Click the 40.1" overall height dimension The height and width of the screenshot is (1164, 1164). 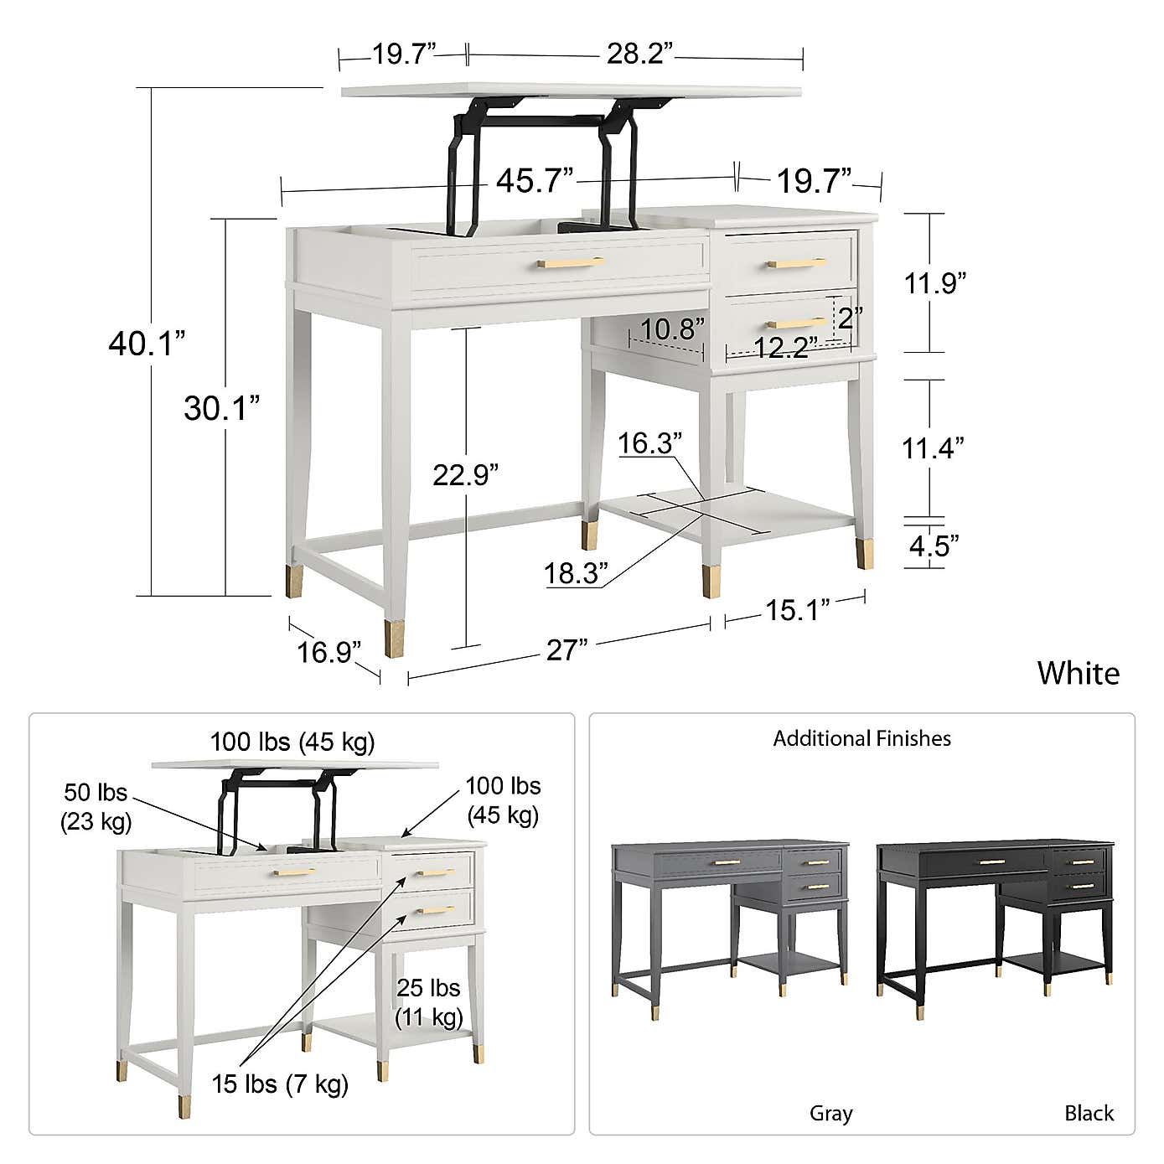[x=146, y=343]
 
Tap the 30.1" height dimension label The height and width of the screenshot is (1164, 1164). [x=221, y=408]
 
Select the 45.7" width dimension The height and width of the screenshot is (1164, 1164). [x=534, y=181]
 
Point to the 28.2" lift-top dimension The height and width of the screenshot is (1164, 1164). [x=639, y=54]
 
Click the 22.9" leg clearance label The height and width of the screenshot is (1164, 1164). [x=465, y=474]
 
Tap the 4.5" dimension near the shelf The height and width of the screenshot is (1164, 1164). [x=934, y=546]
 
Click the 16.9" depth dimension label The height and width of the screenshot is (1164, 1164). [x=329, y=651]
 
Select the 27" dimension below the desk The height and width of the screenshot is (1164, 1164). [x=566, y=649]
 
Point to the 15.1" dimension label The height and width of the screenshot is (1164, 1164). [x=797, y=610]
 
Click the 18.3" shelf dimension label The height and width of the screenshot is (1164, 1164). [x=576, y=574]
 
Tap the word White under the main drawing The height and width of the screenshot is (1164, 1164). [x=1078, y=673]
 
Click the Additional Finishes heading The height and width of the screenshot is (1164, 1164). [x=861, y=738]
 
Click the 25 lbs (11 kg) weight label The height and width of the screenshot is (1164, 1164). [x=428, y=1002]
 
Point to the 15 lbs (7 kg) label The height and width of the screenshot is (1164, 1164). [x=280, y=1084]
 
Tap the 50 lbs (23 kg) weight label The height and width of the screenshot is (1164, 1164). [x=96, y=806]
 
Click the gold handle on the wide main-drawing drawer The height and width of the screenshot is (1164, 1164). [x=570, y=263]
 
